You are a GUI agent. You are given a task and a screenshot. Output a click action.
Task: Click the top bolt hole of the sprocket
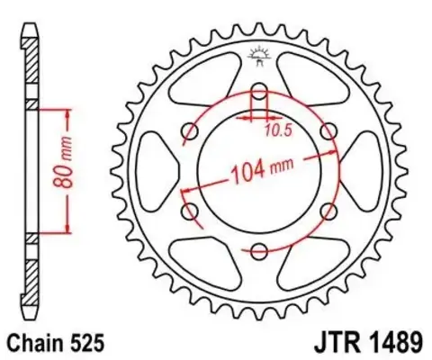point(259,92)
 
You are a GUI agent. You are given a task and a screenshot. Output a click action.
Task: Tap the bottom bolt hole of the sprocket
point(259,252)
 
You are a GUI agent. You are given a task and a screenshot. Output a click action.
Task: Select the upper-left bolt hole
point(190,132)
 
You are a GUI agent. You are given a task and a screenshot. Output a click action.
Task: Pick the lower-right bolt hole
point(328,212)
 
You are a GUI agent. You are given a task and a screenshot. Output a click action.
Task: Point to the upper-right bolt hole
point(328,132)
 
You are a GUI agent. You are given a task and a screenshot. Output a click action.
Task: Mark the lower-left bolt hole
point(190,212)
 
